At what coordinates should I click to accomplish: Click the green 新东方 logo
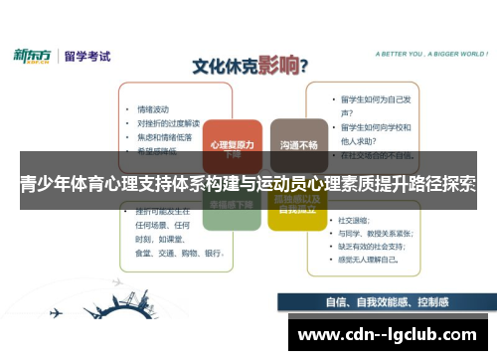34,56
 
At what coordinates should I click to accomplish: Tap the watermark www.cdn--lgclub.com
388,332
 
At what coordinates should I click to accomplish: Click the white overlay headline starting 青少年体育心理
248,185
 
